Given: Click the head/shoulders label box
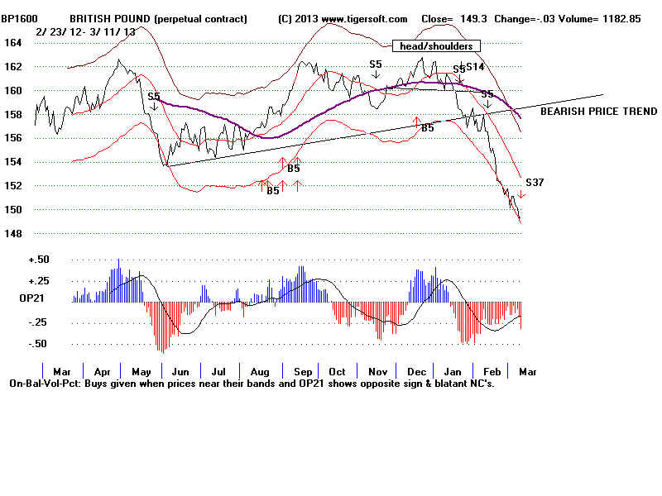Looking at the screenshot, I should point(436,46).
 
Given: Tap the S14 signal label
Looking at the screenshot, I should point(475,67).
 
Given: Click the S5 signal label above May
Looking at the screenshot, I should point(154,97).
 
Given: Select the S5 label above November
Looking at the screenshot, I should point(376,64).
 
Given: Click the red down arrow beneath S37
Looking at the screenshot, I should point(521,195).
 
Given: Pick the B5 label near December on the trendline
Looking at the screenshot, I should point(428,128).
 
